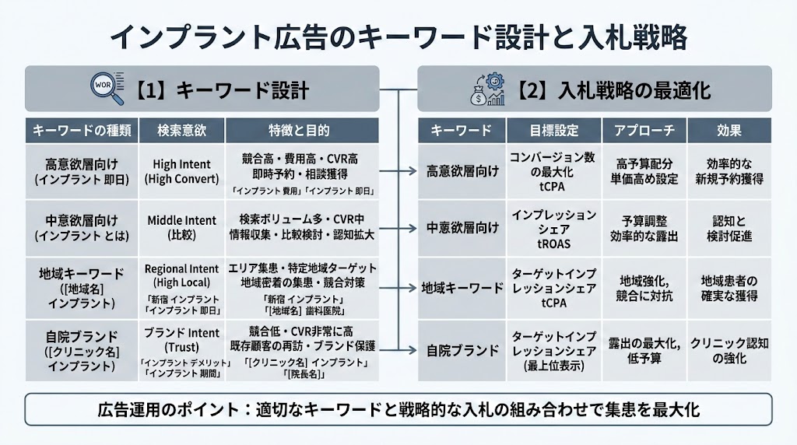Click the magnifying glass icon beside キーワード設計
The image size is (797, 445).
(x=107, y=89)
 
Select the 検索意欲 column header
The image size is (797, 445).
(x=181, y=130)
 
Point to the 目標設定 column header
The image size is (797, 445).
(x=553, y=130)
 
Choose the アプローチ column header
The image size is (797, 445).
(x=644, y=130)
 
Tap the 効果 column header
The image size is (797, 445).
(x=729, y=130)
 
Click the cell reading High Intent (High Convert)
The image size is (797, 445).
(x=181, y=171)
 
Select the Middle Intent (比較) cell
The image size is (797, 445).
(x=181, y=227)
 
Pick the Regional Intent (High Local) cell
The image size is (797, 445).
(x=181, y=284)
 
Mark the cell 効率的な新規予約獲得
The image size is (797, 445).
(x=729, y=171)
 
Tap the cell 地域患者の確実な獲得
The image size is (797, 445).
(x=729, y=288)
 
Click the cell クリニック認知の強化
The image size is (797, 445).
(x=729, y=350)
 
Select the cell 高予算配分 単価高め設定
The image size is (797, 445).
(x=644, y=171)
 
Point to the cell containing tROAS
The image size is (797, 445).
(x=553, y=227)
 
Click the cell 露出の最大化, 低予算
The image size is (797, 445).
(x=644, y=350)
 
